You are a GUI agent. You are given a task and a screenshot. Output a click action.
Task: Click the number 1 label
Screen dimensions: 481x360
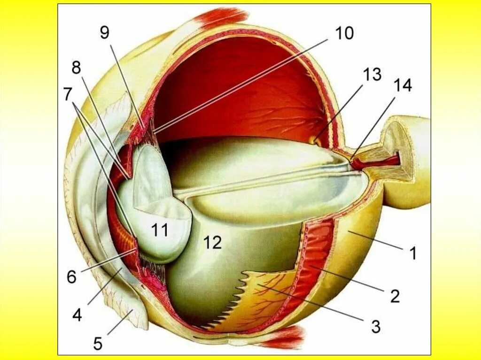pyautogui.click(x=412, y=253)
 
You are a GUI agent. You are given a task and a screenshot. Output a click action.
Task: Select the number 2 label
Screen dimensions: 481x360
pyautogui.click(x=395, y=296)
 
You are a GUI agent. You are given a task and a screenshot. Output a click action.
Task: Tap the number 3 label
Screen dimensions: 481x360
pyautogui.click(x=375, y=326)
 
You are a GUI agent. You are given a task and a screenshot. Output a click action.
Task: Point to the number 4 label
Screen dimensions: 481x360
pyautogui.click(x=77, y=314)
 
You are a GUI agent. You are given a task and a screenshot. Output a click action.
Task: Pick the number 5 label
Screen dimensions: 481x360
pyautogui.click(x=97, y=344)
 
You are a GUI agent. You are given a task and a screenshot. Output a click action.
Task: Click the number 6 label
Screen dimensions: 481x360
pyautogui.click(x=71, y=277)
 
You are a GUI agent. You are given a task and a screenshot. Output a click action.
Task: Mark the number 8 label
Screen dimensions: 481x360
pyautogui.click(x=76, y=68)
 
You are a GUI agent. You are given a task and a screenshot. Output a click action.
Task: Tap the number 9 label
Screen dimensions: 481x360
pyautogui.click(x=104, y=33)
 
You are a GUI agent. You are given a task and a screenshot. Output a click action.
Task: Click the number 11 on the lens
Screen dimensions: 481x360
pyautogui.click(x=160, y=230)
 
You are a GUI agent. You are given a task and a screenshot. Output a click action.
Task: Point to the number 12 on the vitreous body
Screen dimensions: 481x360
pyautogui.click(x=212, y=242)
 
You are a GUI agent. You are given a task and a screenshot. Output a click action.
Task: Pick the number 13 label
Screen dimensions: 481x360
pyautogui.click(x=372, y=74)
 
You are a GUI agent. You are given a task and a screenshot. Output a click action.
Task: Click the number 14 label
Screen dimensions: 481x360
pyautogui.click(x=403, y=85)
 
